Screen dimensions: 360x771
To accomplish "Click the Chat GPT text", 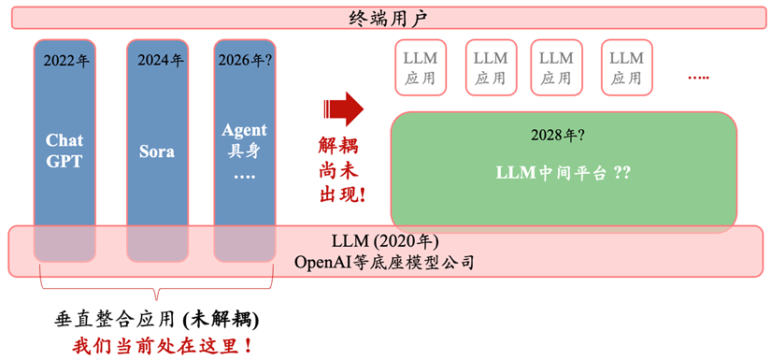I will [64, 151].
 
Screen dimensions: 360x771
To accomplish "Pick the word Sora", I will [157, 151].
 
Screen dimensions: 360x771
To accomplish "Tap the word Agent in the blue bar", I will [244, 130].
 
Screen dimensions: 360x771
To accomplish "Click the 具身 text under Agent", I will [244, 151].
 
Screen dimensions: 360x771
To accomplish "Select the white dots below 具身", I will [244, 175].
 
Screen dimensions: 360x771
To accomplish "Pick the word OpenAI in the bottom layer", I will [322, 262].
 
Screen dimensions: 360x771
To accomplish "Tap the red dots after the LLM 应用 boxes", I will [698, 78].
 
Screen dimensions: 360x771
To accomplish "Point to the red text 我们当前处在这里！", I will [162, 345].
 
